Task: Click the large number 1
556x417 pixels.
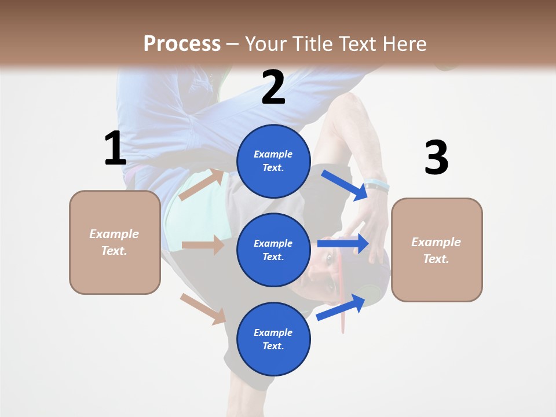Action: click(x=115, y=148)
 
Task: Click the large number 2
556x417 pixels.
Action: click(x=273, y=87)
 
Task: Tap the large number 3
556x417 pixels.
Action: click(x=436, y=158)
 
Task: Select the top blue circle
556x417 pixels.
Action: click(x=273, y=161)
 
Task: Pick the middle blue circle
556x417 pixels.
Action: click(x=273, y=250)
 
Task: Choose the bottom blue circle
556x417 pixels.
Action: click(x=273, y=339)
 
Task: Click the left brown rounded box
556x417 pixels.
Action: click(x=115, y=242)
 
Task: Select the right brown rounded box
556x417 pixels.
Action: click(x=437, y=250)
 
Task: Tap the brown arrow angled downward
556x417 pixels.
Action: click(x=203, y=309)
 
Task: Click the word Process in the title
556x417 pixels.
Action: click(x=182, y=43)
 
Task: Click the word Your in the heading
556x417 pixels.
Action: click(x=266, y=43)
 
